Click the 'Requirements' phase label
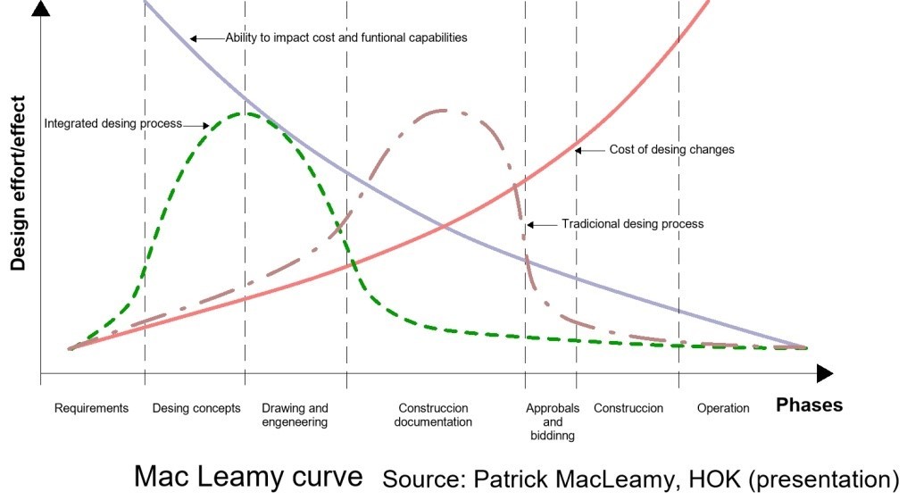click(x=91, y=408)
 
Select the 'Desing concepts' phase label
click(x=196, y=408)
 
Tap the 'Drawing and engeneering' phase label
click(x=295, y=415)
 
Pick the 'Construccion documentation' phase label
click(x=433, y=415)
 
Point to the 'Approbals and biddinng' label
click(x=553, y=421)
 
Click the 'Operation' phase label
click(x=723, y=408)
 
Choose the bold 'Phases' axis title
click(x=809, y=405)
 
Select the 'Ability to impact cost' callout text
click(x=346, y=38)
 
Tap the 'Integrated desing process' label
click(x=112, y=123)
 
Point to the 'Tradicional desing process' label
click(x=632, y=223)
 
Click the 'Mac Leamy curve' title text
click(x=248, y=476)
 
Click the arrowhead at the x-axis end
click(x=825, y=373)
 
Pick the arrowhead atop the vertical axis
click(x=41, y=10)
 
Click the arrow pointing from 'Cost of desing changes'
click(x=589, y=150)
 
